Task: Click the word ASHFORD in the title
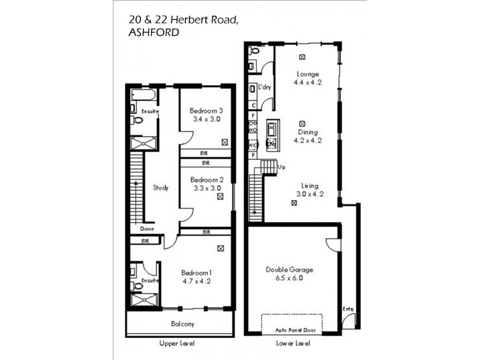pyautogui.click(x=154, y=33)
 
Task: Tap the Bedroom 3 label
pyautogui.click(x=206, y=111)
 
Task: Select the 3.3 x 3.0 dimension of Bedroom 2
pyautogui.click(x=206, y=188)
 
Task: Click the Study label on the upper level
pyautogui.click(x=161, y=188)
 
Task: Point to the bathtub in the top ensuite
pyautogui.click(x=143, y=95)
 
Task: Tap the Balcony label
pyautogui.click(x=182, y=324)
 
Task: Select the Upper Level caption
pyautogui.click(x=178, y=344)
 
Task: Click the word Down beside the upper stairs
pyautogui.click(x=148, y=229)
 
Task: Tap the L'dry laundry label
pyautogui.click(x=265, y=88)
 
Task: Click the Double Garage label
pyautogui.click(x=289, y=270)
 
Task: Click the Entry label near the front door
pyautogui.click(x=349, y=309)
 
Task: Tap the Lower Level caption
pyautogui.click(x=293, y=344)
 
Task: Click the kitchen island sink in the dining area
pyautogui.click(x=272, y=128)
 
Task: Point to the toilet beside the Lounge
pyautogui.click(x=254, y=51)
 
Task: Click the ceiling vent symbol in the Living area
pyautogui.click(x=294, y=203)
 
